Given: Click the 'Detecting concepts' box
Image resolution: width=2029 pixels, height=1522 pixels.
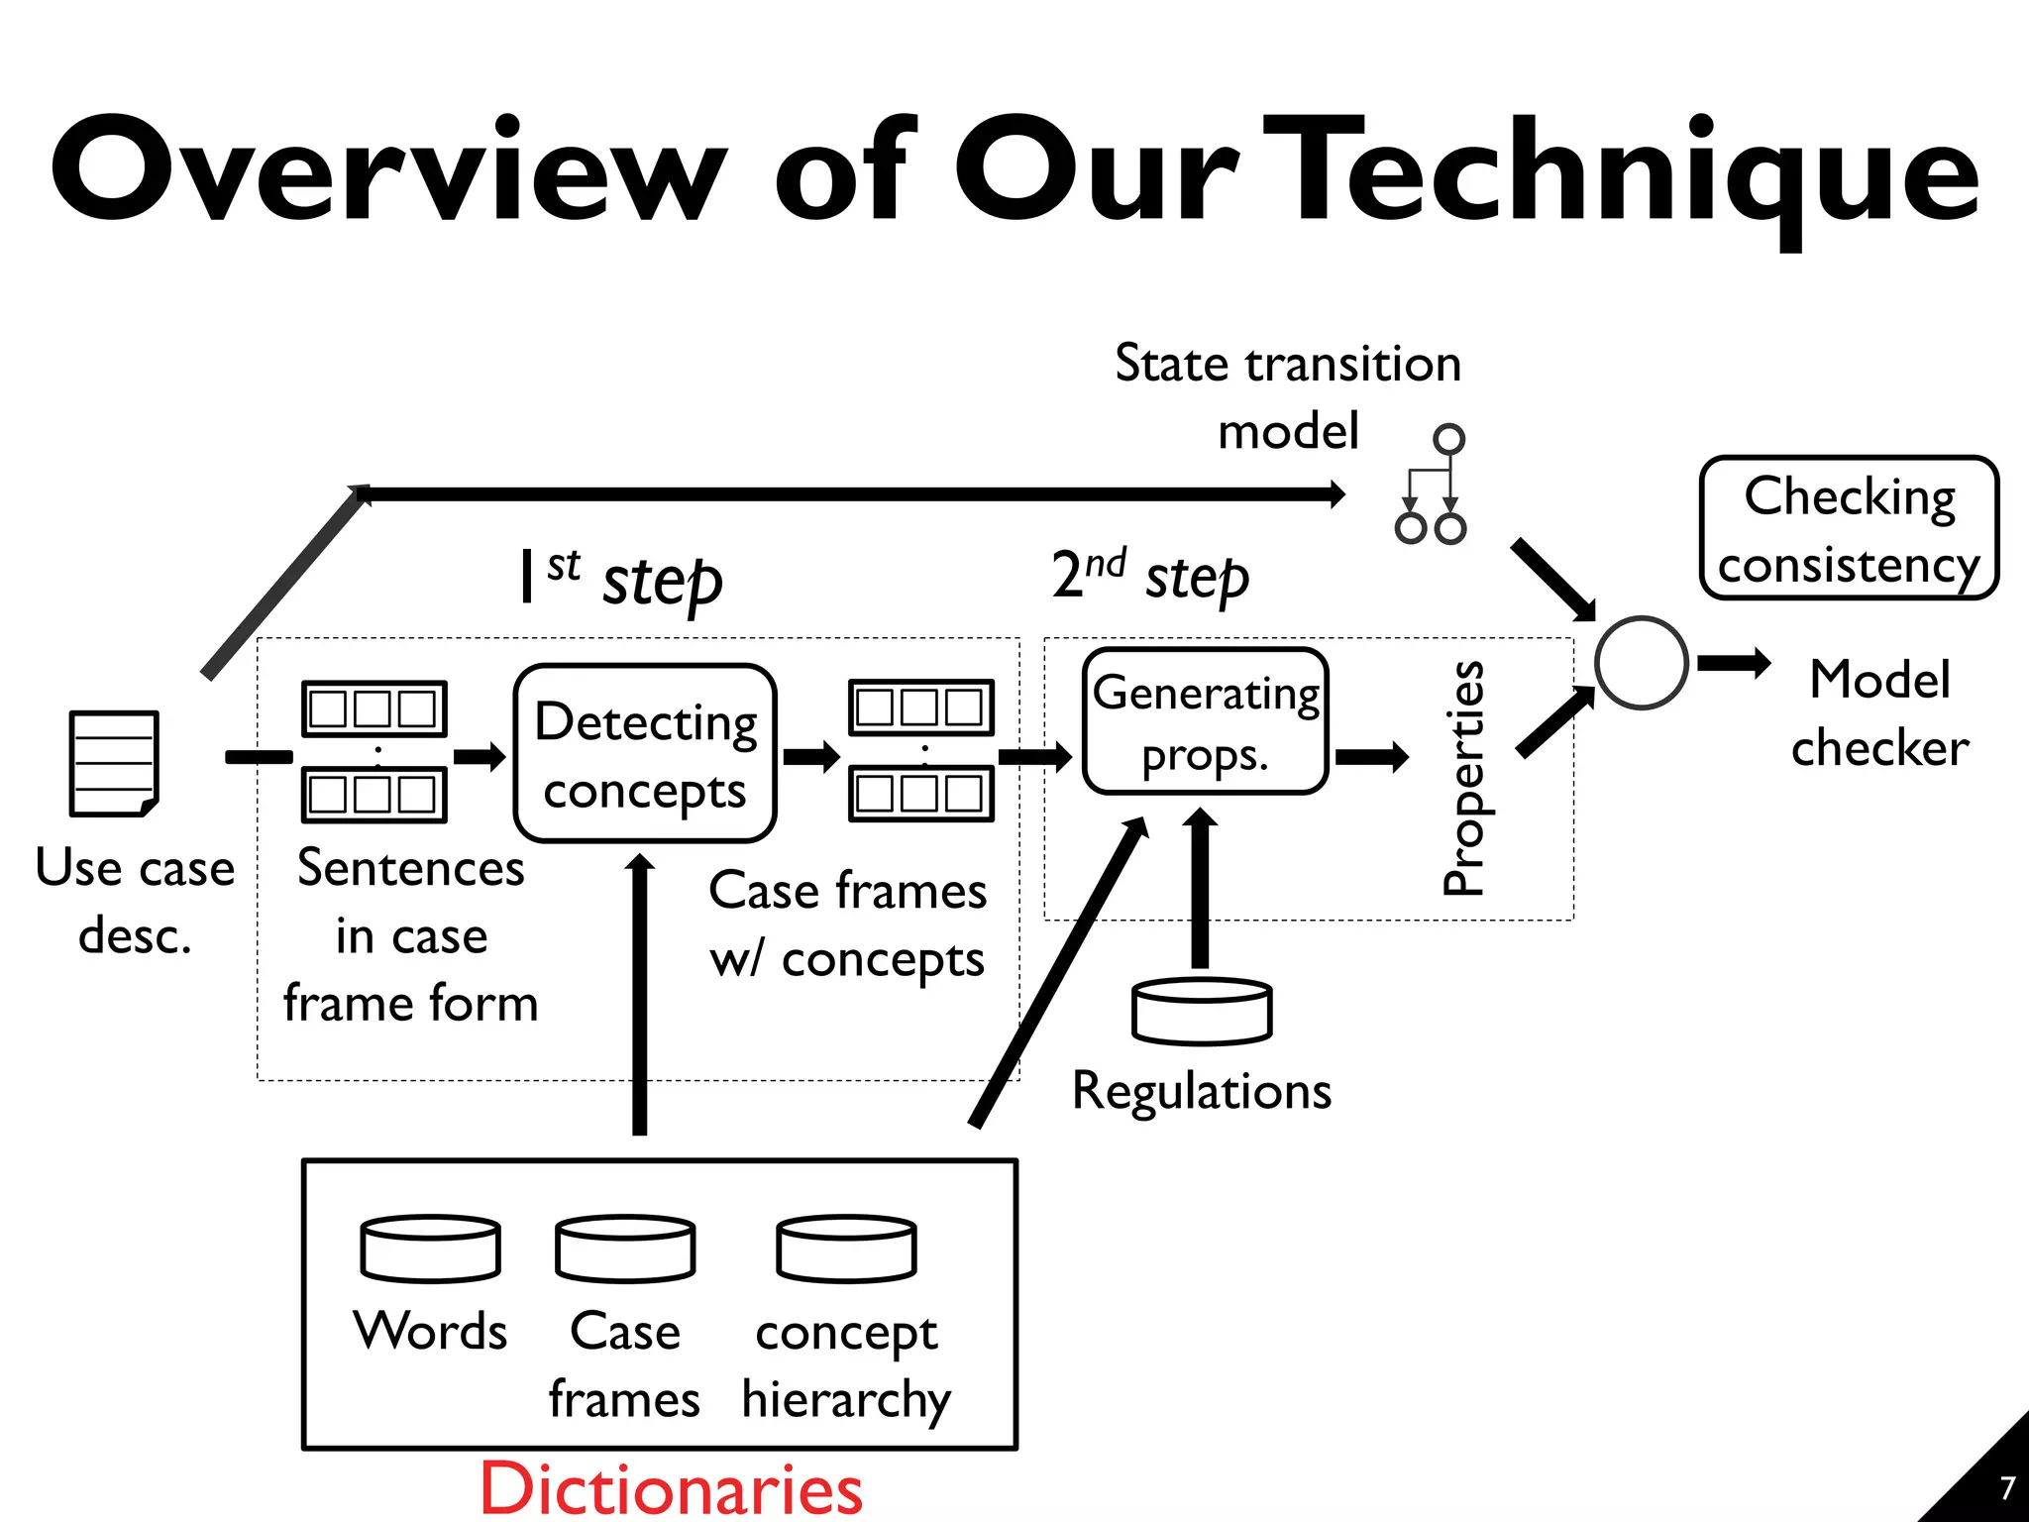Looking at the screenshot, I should click(x=645, y=753).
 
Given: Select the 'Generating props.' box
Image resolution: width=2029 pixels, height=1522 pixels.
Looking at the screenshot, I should click(x=1205, y=721).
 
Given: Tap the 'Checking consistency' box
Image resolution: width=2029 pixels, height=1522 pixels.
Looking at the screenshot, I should click(x=1849, y=528).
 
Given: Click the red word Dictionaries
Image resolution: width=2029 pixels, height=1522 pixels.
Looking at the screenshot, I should click(x=671, y=1488).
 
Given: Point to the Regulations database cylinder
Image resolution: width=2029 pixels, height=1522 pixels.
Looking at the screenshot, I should click(x=1202, y=1011).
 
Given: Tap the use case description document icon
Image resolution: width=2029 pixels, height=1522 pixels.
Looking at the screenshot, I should click(x=114, y=763).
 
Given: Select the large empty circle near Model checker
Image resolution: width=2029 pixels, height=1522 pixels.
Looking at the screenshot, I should click(x=1642, y=663).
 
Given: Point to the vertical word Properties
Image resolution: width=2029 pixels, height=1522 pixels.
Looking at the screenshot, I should click(x=1463, y=779).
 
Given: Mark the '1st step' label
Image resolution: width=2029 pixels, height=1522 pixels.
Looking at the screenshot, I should click(x=622, y=578).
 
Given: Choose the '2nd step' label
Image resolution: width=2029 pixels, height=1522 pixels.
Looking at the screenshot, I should click(x=1149, y=576).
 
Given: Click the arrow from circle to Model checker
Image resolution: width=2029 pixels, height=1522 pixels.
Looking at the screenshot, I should click(x=1734, y=663).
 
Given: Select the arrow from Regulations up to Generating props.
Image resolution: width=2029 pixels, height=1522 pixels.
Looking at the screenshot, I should click(x=1200, y=887).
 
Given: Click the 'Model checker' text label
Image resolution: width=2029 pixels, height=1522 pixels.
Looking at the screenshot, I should click(x=1879, y=713).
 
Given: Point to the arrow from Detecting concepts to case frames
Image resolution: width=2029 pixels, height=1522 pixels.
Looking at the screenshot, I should click(x=810, y=758).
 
